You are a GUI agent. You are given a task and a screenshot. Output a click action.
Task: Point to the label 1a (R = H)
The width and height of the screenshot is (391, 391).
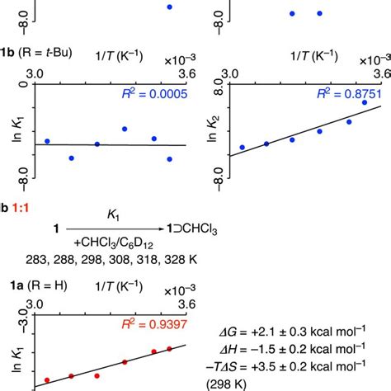[x=34, y=294]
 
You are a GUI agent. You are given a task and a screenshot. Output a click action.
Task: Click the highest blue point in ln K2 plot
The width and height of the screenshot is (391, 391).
[x=365, y=102]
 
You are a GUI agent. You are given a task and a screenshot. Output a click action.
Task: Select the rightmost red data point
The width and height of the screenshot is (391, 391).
[x=169, y=349]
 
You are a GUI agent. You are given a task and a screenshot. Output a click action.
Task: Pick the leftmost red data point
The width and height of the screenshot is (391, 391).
[x=46, y=380]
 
